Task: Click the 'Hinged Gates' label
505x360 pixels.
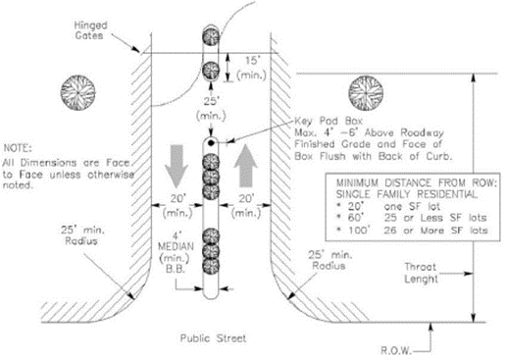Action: click(x=90, y=30)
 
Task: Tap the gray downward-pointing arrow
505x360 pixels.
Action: click(x=177, y=166)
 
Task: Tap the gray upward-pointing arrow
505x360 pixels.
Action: click(x=246, y=166)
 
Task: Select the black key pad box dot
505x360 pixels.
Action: click(x=211, y=142)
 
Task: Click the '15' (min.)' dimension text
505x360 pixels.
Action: click(x=251, y=68)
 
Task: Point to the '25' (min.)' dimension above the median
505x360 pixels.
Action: click(x=211, y=108)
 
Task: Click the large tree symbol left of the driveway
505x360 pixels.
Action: click(x=78, y=92)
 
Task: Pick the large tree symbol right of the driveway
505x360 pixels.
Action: click(x=366, y=93)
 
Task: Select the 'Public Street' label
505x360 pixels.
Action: click(x=213, y=338)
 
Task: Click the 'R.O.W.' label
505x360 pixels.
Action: click(x=396, y=350)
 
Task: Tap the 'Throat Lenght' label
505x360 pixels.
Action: click(x=421, y=273)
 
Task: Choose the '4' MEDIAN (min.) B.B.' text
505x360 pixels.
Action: click(x=176, y=252)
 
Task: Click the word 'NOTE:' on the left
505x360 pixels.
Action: click(x=18, y=148)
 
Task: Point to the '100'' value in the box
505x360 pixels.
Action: click(x=359, y=231)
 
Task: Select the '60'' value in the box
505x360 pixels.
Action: click(x=356, y=218)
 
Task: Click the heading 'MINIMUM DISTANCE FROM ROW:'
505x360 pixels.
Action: click(x=417, y=182)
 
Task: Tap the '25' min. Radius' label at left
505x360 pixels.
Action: click(x=82, y=235)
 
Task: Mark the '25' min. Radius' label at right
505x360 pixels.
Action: click(x=330, y=260)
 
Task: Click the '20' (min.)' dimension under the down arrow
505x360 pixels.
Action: click(x=178, y=206)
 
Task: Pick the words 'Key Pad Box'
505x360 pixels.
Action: click(x=328, y=121)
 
